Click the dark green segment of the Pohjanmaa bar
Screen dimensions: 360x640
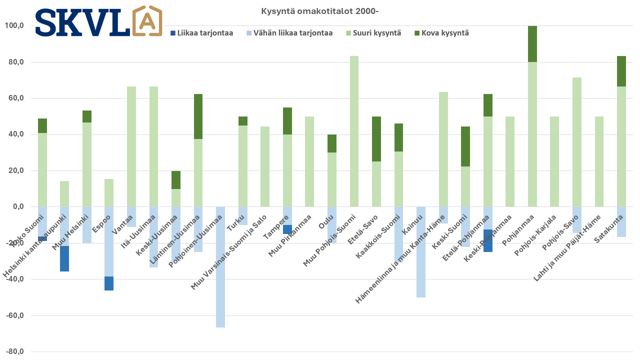coord(532,44)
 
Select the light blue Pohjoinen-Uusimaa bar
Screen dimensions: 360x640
coord(220,267)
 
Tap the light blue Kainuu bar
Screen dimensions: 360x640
coord(421,252)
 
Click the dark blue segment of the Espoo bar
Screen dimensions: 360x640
coord(109,283)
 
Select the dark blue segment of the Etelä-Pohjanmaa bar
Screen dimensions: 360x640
coord(488,240)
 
